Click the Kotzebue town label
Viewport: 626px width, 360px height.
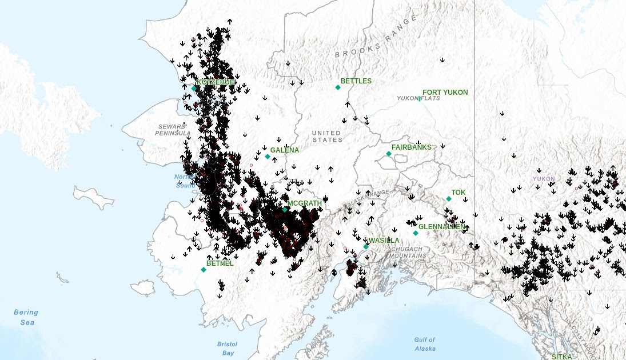click(216, 82)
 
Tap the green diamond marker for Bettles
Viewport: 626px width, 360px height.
click(338, 87)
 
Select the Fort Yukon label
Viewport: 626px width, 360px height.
click(445, 93)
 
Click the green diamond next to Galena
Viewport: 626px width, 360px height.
click(267, 156)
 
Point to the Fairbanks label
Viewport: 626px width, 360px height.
click(411, 147)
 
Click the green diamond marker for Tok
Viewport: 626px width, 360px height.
click(449, 199)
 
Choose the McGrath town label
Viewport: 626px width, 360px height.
click(305, 203)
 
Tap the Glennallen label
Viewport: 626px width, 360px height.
click(442, 227)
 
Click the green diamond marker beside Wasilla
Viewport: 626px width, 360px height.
click(366, 247)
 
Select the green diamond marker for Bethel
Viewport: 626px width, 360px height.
click(204, 269)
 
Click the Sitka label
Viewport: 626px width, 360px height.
click(561, 356)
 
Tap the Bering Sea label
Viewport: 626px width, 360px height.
click(26, 317)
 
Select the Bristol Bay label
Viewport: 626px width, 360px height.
click(227, 349)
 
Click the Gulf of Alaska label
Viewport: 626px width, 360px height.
click(424, 344)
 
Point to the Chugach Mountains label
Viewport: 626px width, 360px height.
click(408, 253)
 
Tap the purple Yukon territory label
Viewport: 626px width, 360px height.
click(544, 179)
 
